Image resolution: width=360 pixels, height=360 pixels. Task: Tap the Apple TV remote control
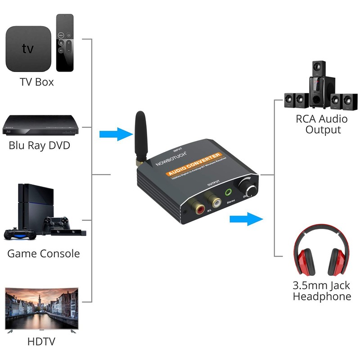[64, 42]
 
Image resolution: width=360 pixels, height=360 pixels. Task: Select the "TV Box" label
[36, 82]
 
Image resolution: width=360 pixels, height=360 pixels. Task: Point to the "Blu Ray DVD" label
[40, 146]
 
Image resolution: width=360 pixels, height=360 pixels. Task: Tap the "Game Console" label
[43, 253]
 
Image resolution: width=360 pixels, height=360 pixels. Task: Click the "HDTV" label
[41, 342]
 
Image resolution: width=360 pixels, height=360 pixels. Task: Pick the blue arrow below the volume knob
[246, 220]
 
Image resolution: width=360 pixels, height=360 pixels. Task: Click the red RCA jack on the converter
[198, 207]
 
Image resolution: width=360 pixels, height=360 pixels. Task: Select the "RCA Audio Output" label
[321, 124]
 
